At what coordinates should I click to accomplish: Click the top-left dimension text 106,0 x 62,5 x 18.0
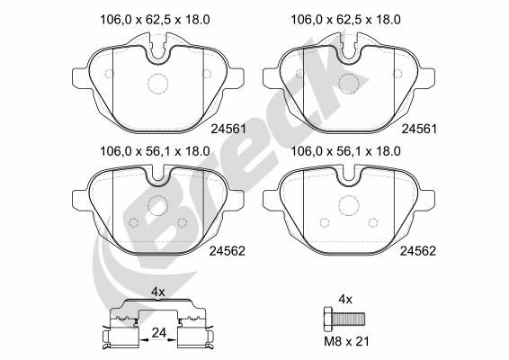[155, 20]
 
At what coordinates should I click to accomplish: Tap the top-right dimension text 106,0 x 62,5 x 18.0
[345, 20]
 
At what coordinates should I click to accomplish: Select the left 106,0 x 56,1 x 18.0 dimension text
[155, 151]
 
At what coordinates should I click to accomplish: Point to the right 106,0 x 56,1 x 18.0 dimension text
[345, 151]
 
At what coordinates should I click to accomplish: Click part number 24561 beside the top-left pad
[228, 129]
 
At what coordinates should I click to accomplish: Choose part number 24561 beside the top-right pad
[419, 129]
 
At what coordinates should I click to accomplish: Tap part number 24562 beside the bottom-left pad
[227, 251]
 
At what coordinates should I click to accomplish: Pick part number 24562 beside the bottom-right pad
[418, 251]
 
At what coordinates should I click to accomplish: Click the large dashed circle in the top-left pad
[157, 74]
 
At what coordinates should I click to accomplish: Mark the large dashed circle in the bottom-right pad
[349, 195]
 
